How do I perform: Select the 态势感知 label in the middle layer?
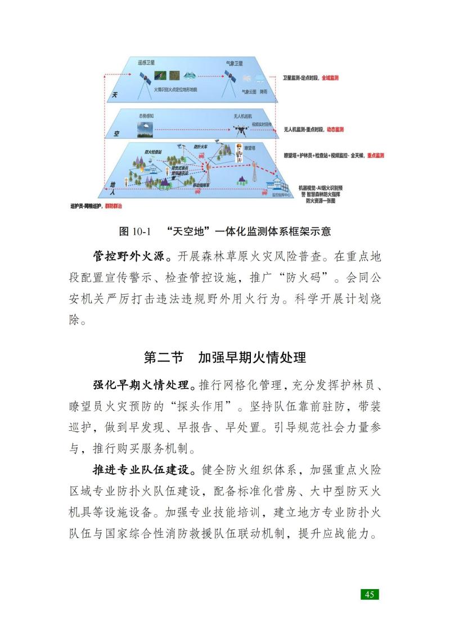pos(146,115)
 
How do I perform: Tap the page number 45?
pos(370,594)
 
